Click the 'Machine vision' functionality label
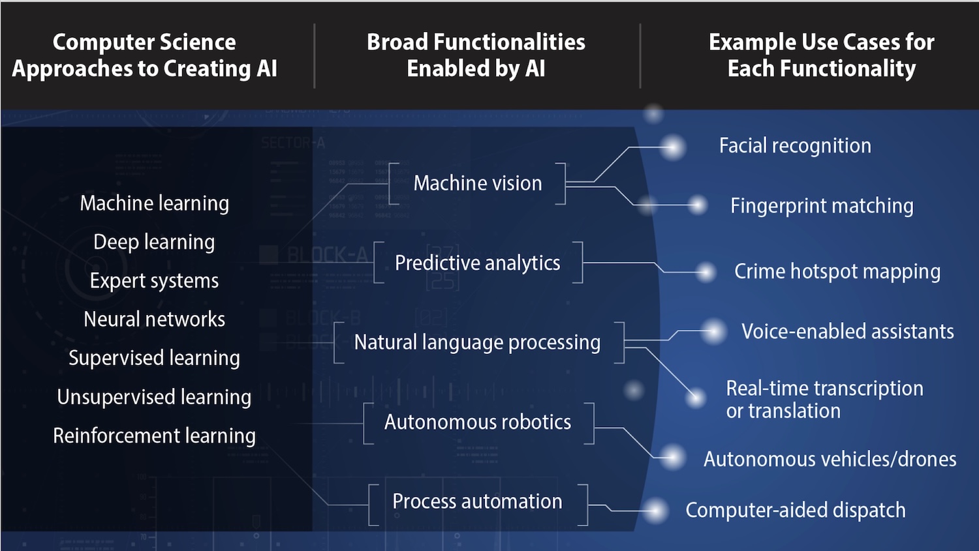pyautogui.click(x=477, y=183)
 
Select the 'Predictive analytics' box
pyautogui.click(x=477, y=263)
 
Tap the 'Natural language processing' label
pyautogui.click(x=477, y=342)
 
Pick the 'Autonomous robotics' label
pyautogui.click(x=477, y=422)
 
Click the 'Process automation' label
pyautogui.click(x=477, y=501)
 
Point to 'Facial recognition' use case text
pyautogui.click(x=795, y=145)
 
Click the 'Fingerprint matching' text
pyautogui.click(x=822, y=206)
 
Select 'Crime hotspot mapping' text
pyautogui.click(x=837, y=271)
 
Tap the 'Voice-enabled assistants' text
pyautogui.click(x=847, y=331)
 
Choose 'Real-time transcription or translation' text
pyautogui.click(x=824, y=399)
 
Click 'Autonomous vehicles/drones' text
pyautogui.click(x=830, y=459)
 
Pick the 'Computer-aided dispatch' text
pyautogui.click(x=795, y=510)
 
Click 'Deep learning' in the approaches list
pyautogui.click(x=154, y=242)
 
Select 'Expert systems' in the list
pyautogui.click(x=154, y=280)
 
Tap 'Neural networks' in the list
pyautogui.click(x=154, y=319)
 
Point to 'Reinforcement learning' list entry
pyautogui.click(x=154, y=435)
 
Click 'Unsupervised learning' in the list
pyautogui.click(x=154, y=396)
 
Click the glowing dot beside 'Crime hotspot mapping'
pyautogui.click(x=706, y=272)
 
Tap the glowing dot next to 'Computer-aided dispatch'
pyautogui.click(x=656, y=511)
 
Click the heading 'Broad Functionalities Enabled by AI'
pyautogui.click(x=476, y=55)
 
